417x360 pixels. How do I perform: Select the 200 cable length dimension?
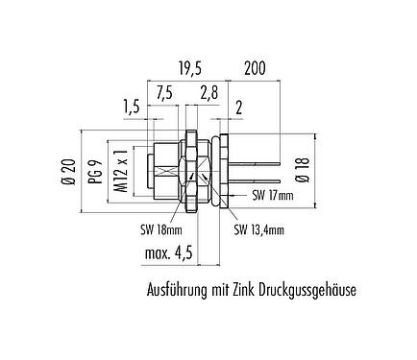pyautogui.click(x=254, y=68)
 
